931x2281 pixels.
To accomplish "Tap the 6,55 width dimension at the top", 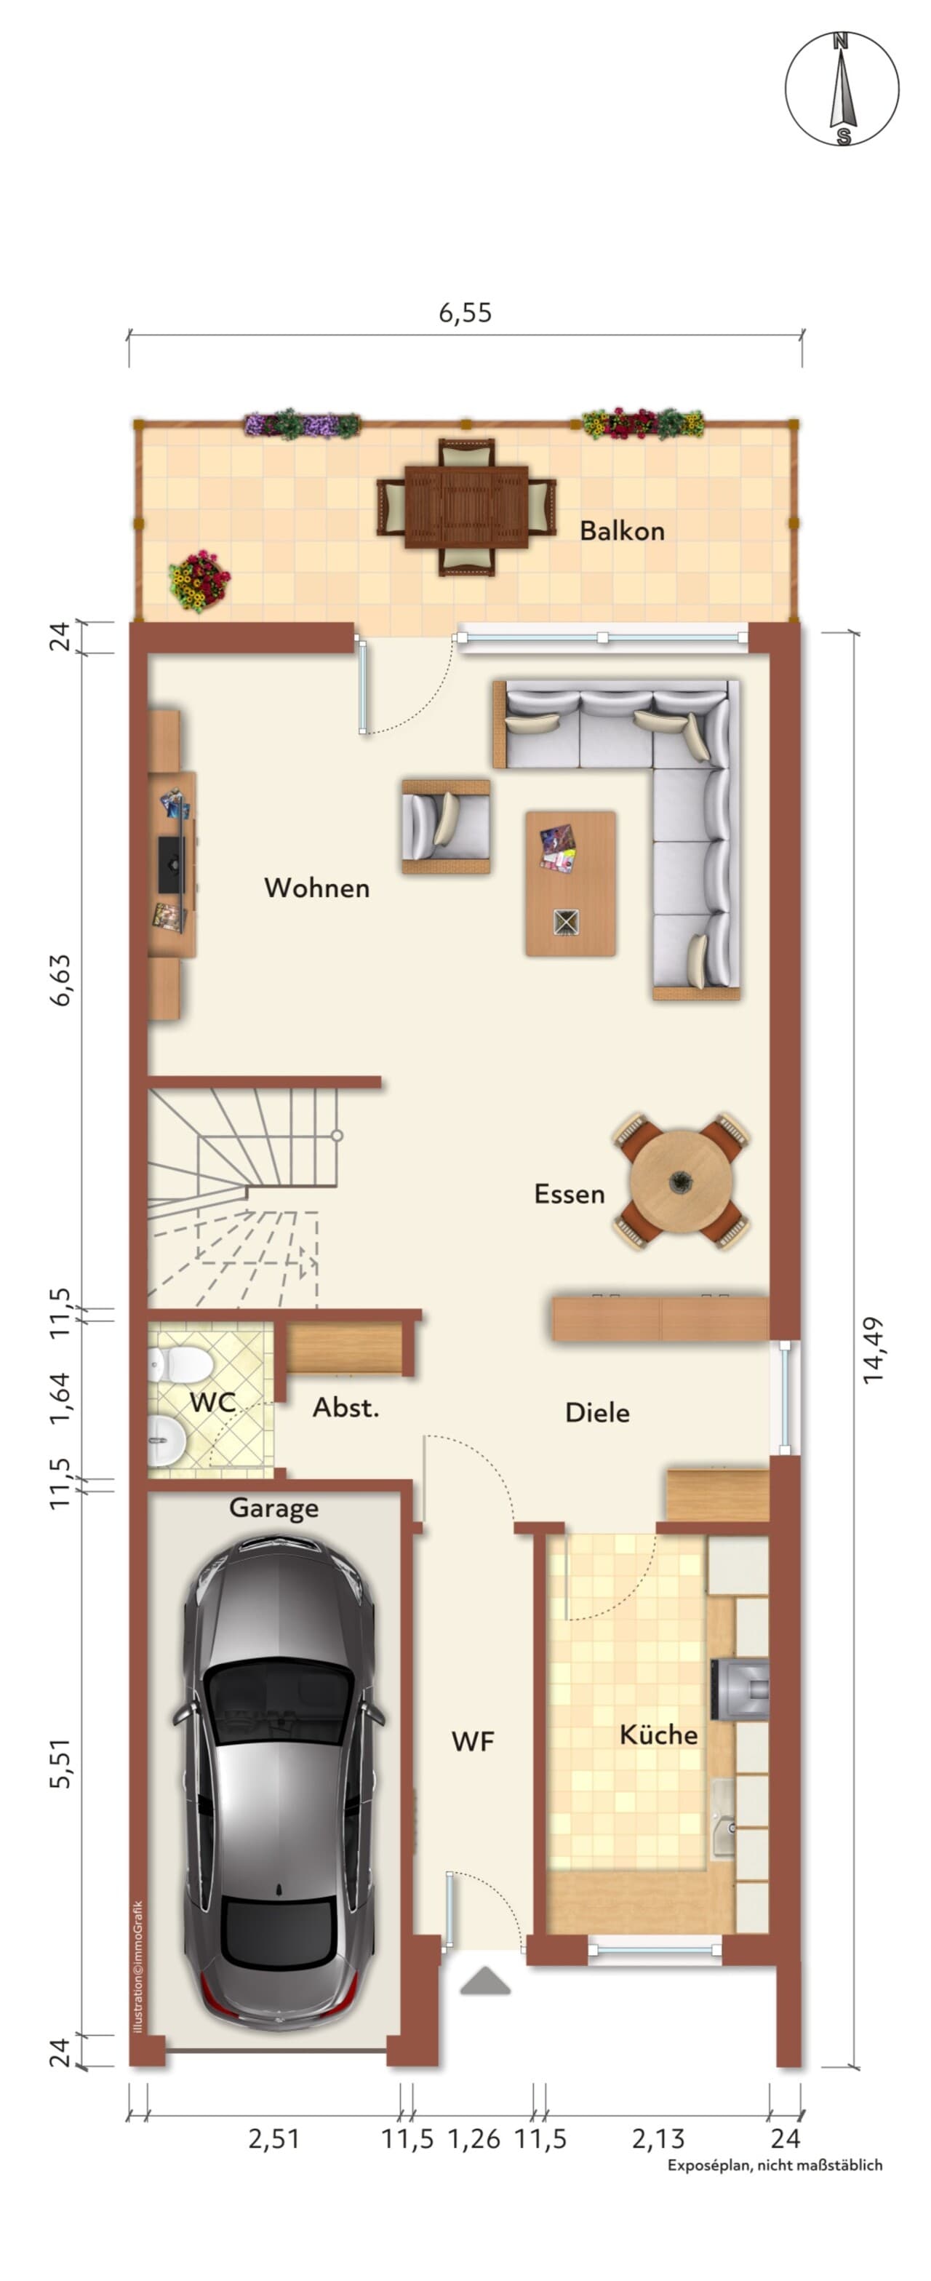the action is [465, 313].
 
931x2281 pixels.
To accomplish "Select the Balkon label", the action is [622, 530].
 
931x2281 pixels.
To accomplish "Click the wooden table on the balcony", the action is [466, 506].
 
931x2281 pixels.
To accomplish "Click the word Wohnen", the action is [317, 888].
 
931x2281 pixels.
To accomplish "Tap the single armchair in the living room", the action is [446, 826].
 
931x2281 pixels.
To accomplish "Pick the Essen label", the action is [569, 1195].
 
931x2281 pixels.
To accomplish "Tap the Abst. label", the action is [346, 1409].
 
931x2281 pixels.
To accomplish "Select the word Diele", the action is [597, 1413].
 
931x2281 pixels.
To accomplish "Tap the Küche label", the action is [658, 1734].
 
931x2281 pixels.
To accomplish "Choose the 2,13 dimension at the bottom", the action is [658, 2138].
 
